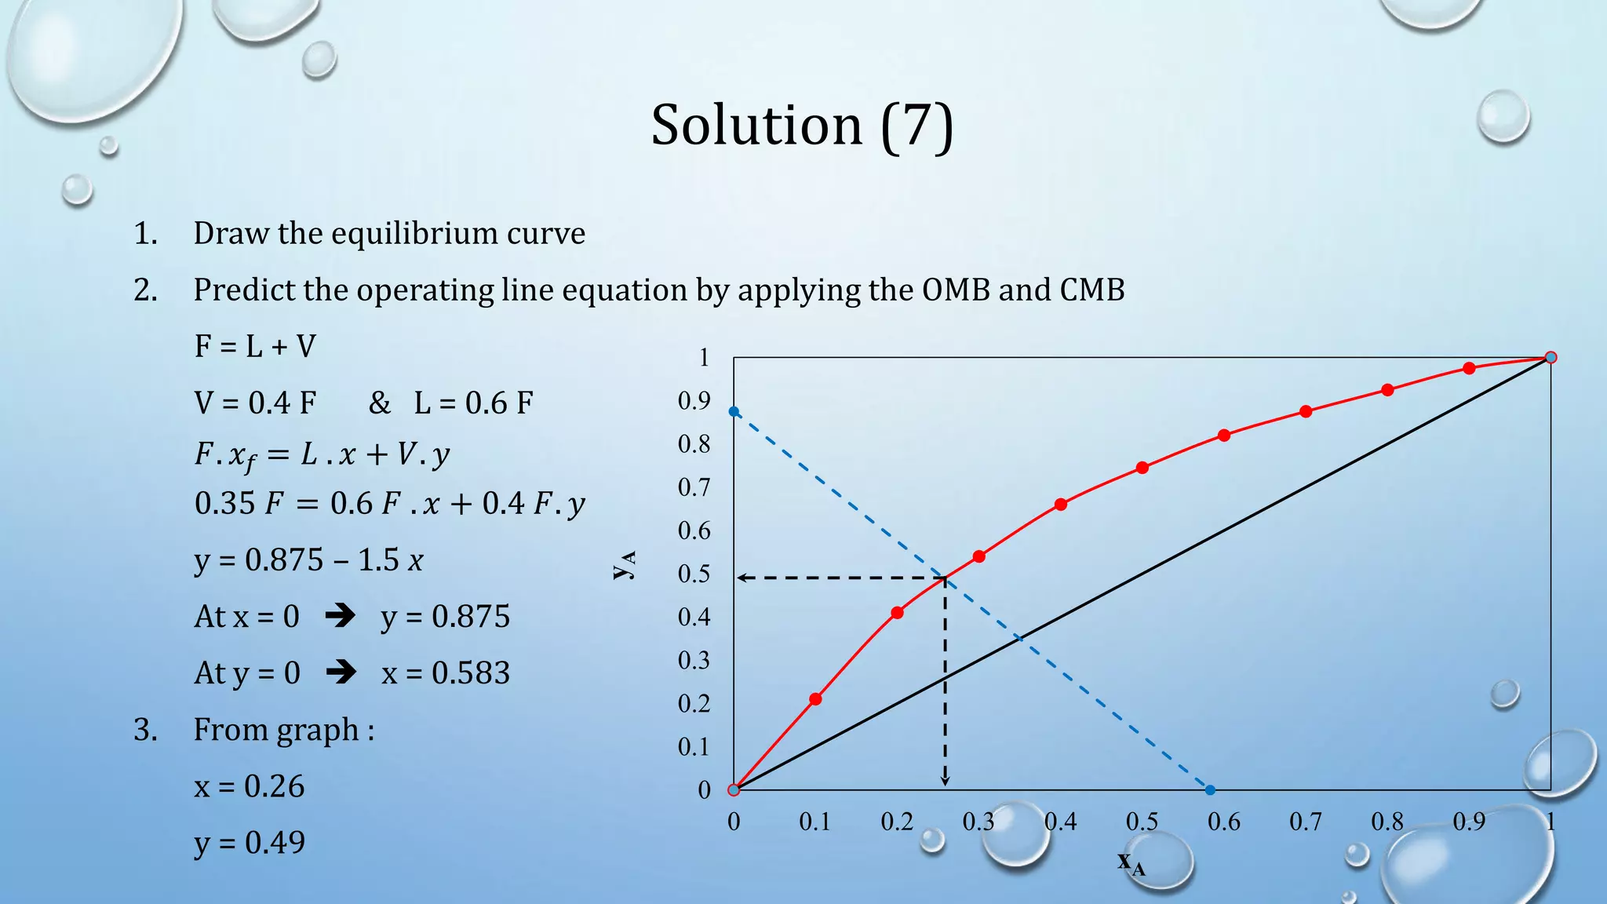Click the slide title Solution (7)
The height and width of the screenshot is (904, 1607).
(802, 126)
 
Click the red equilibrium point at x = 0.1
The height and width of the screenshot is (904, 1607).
(815, 699)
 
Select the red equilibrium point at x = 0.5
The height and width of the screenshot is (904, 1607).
(1142, 468)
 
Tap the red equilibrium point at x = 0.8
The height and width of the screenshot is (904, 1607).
(1387, 390)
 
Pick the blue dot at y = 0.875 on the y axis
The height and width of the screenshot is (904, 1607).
(734, 412)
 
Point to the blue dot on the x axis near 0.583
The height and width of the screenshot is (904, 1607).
(1210, 790)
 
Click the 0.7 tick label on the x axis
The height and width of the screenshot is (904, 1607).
(1305, 822)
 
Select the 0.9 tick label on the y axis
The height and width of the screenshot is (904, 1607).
(694, 401)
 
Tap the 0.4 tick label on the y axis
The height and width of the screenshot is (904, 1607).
(694, 617)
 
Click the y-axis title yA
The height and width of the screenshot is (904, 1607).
(625, 564)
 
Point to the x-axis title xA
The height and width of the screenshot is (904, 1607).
(1131, 862)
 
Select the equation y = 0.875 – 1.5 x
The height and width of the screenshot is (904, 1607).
(308, 560)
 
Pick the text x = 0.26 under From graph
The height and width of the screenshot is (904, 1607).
(250, 786)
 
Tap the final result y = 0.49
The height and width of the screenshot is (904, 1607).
(250, 843)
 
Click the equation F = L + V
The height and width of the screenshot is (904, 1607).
(255, 346)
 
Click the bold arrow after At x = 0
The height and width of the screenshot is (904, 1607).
(340, 616)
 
